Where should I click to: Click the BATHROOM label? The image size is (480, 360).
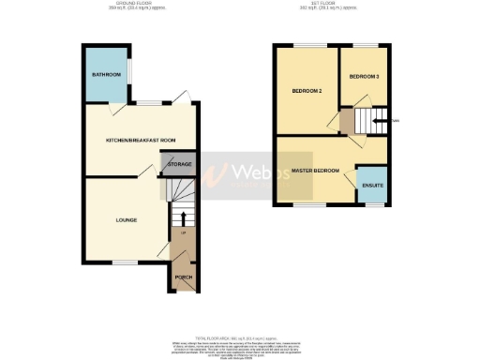tap(106, 74)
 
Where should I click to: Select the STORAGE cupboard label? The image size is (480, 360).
tap(179, 164)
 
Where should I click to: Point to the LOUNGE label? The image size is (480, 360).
tap(127, 220)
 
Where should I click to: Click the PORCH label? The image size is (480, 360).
tap(184, 278)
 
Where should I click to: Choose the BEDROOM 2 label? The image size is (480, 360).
tap(307, 91)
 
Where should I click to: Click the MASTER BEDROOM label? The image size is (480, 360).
tap(315, 171)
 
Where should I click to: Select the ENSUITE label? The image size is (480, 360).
tap(372, 185)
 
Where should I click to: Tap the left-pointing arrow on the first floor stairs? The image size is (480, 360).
tap(380, 120)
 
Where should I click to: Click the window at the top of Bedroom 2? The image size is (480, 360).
tap(307, 45)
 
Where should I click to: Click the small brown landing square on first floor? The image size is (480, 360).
tap(348, 121)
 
